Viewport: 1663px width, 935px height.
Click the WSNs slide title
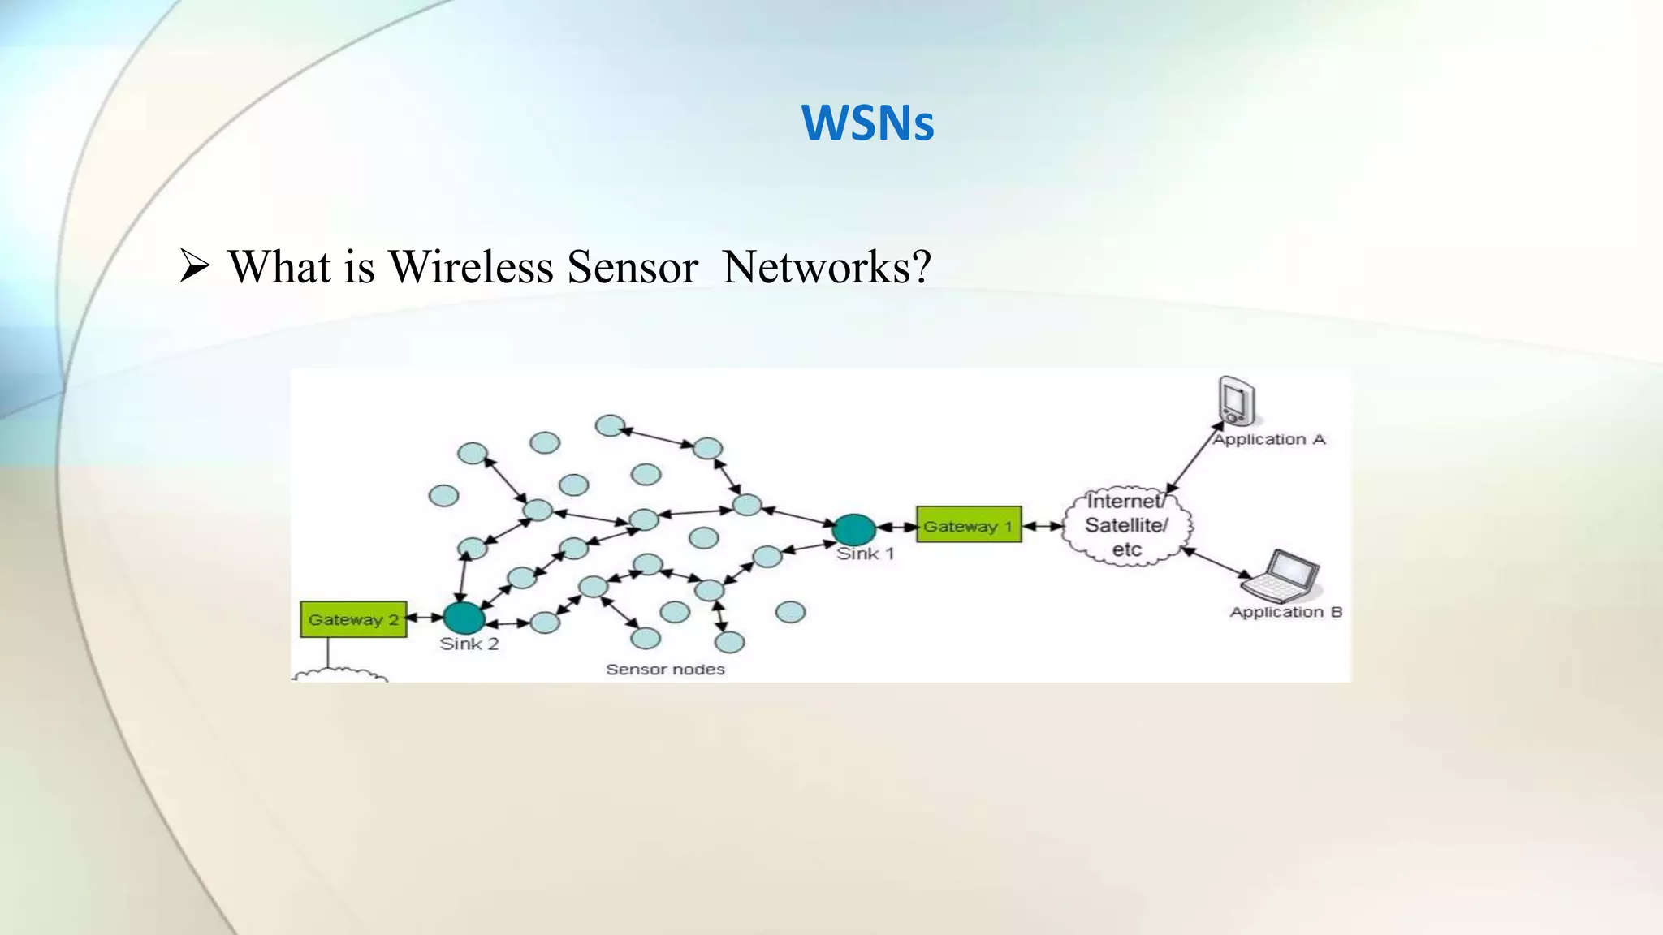tap(867, 123)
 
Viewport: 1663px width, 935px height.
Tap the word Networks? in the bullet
tap(827, 267)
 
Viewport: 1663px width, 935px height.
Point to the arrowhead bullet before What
tap(195, 267)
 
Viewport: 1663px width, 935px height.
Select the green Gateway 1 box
tap(968, 525)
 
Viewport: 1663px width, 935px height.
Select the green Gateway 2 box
tap(353, 619)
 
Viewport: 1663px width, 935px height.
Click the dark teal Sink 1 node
tap(854, 529)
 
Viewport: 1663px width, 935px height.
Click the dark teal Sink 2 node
tap(464, 618)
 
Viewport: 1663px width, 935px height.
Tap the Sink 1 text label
tap(865, 554)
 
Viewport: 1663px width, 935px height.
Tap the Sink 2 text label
tap(469, 644)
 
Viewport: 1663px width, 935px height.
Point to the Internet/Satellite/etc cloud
tap(1126, 526)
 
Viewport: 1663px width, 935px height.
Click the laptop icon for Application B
tap(1282, 575)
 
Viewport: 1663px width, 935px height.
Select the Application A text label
tap(1268, 440)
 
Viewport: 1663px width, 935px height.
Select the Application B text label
tap(1285, 612)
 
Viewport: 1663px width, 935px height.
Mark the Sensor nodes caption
tap(665, 670)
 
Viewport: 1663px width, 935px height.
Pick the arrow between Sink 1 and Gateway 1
tap(896, 527)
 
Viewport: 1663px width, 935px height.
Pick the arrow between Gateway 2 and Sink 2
tap(425, 618)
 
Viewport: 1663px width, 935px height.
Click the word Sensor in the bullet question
tap(632, 267)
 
